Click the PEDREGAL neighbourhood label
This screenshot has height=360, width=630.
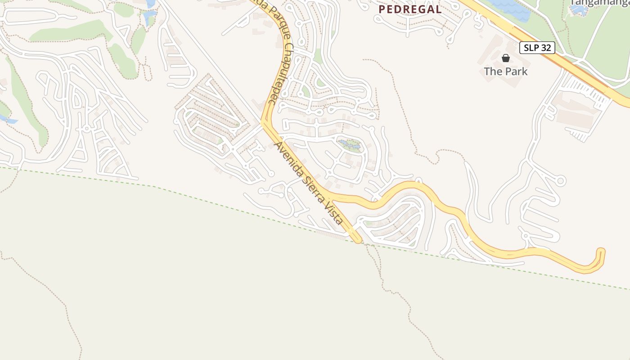pos(409,9)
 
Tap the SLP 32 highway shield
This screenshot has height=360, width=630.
pos(537,48)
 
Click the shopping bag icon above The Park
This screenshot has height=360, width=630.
pos(506,58)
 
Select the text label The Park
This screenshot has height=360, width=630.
pos(506,71)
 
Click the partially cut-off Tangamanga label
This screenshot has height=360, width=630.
pos(598,2)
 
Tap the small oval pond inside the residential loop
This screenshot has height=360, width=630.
pos(350,145)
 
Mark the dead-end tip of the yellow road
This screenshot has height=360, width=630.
pos(601,251)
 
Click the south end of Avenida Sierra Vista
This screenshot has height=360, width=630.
pos(357,240)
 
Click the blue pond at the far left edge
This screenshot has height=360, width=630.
pos(8,120)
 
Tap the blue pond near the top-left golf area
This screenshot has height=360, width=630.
pos(149,17)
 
